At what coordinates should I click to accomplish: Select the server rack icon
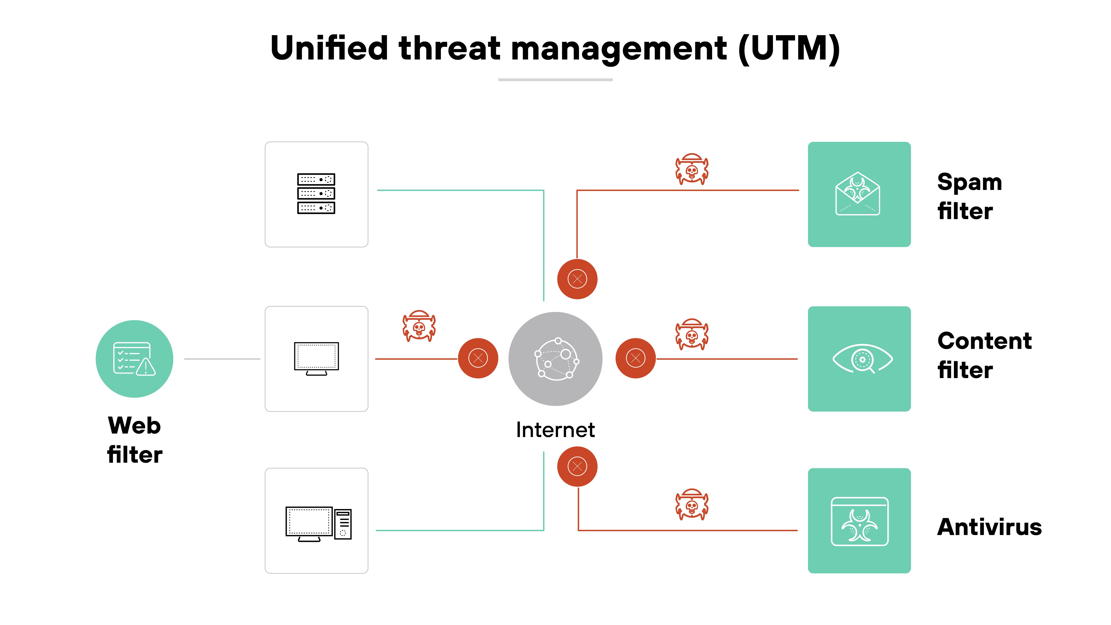316,194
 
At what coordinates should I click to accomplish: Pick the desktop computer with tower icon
318,524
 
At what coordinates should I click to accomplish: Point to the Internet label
555,430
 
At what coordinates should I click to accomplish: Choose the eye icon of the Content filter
862,359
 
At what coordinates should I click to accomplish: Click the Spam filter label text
969,196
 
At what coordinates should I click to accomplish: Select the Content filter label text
984,355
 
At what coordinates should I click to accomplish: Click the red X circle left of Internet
478,358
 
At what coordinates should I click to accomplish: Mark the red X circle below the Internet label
577,466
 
